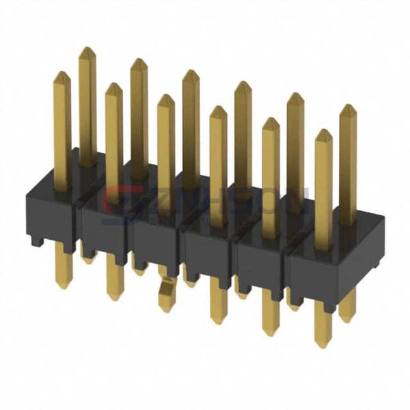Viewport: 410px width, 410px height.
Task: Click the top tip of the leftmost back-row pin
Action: pyautogui.click(x=87, y=49)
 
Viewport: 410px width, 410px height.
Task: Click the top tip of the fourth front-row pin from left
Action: pyautogui.click(x=218, y=107)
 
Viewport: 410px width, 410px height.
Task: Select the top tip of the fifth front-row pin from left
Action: pyautogui.click(x=271, y=119)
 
